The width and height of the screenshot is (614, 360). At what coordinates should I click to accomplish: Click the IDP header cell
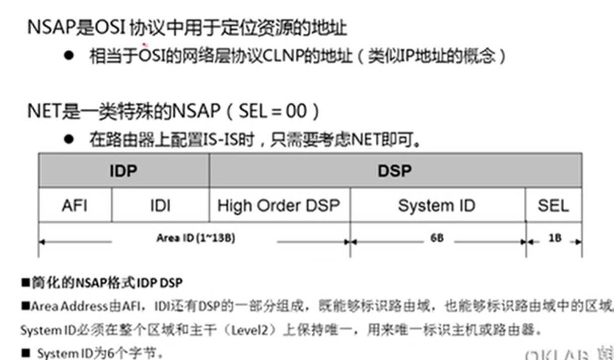[123, 171]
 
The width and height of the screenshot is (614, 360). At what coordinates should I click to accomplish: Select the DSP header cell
[394, 171]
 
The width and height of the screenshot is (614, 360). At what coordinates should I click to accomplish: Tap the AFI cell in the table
[75, 205]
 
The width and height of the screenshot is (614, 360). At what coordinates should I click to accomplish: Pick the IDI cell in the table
[160, 205]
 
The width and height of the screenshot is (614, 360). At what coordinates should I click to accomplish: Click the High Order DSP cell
[279, 205]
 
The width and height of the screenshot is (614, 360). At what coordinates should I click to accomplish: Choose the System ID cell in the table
[436, 205]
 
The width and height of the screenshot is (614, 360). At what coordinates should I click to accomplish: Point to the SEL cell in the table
[553, 205]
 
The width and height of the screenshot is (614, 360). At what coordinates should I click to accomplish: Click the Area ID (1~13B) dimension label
[195, 238]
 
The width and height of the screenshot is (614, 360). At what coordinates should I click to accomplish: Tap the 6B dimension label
[437, 238]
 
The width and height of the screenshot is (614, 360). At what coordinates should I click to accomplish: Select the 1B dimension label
[555, 238]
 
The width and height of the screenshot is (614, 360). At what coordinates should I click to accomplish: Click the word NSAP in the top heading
[50, 28]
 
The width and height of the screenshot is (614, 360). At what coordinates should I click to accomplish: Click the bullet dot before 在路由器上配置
[70, 139]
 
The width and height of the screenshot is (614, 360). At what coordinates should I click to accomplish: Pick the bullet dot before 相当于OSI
[70, 55]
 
